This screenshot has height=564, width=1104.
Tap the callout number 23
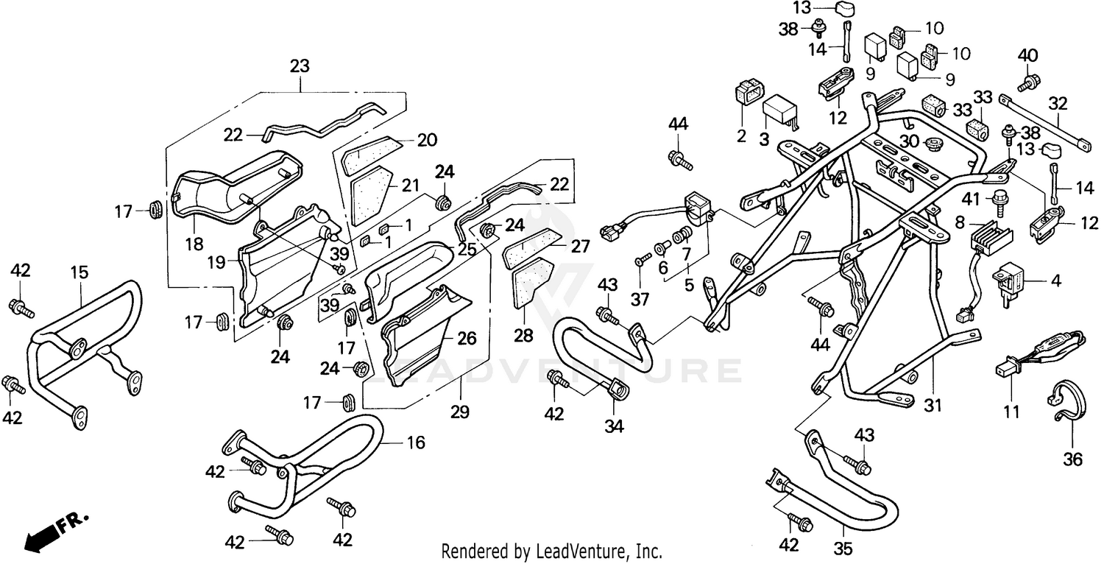click(x=300, y=67)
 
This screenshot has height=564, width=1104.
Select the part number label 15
click(x=79, y=272)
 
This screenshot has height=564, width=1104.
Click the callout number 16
click(x=417, y=442)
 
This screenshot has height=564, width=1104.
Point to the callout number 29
click(x=460, y=412)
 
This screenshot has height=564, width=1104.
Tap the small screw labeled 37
click(x=640, y=260)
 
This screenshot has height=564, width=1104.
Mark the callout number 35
click(x=843, y=546)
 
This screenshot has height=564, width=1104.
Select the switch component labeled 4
click(x=1009, y=280)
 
